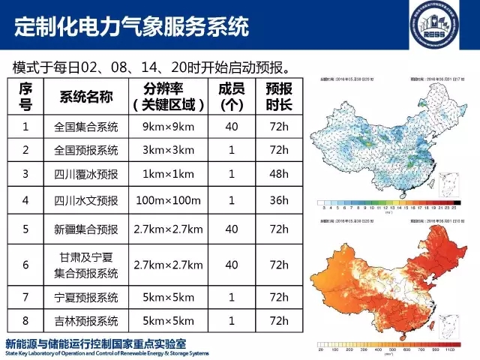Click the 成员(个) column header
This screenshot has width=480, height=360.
pos(232,96)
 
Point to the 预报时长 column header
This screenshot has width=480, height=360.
pos(278,96)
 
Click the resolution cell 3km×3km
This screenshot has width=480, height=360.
pos(169,150)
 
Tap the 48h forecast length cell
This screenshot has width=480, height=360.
pos(278,175)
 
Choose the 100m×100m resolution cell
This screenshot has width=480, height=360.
pos(169,200)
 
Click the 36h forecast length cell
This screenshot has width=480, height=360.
pos(278,200)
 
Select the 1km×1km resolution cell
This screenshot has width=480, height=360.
pos(169,175)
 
